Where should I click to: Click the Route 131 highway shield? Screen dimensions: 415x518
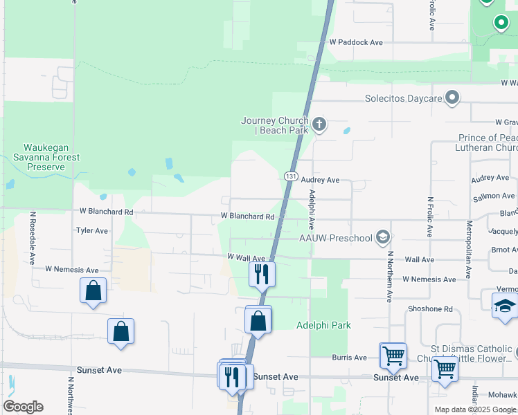click(x=290, y=177)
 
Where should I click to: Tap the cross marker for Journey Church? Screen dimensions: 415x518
click(x=319, y=124)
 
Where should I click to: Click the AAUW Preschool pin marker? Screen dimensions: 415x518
click(x=382, y=238)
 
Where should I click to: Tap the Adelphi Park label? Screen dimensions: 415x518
click(x=323, y=325)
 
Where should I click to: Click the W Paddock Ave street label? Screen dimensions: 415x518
click(x=356, y=42)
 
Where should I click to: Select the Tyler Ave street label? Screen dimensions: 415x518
click(x=92, y=230)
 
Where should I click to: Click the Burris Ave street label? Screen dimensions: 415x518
click(x=349, y=358)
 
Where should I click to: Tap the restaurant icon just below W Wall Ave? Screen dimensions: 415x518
click(x=262, y=274)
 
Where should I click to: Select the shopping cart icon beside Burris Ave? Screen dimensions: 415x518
click(x=393, y=356)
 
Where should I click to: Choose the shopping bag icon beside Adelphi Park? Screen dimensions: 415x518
click(x=258, y=321)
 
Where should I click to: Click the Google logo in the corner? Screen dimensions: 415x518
click(x=23, y=407)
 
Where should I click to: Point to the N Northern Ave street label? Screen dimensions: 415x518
click(x=390, y=277)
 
